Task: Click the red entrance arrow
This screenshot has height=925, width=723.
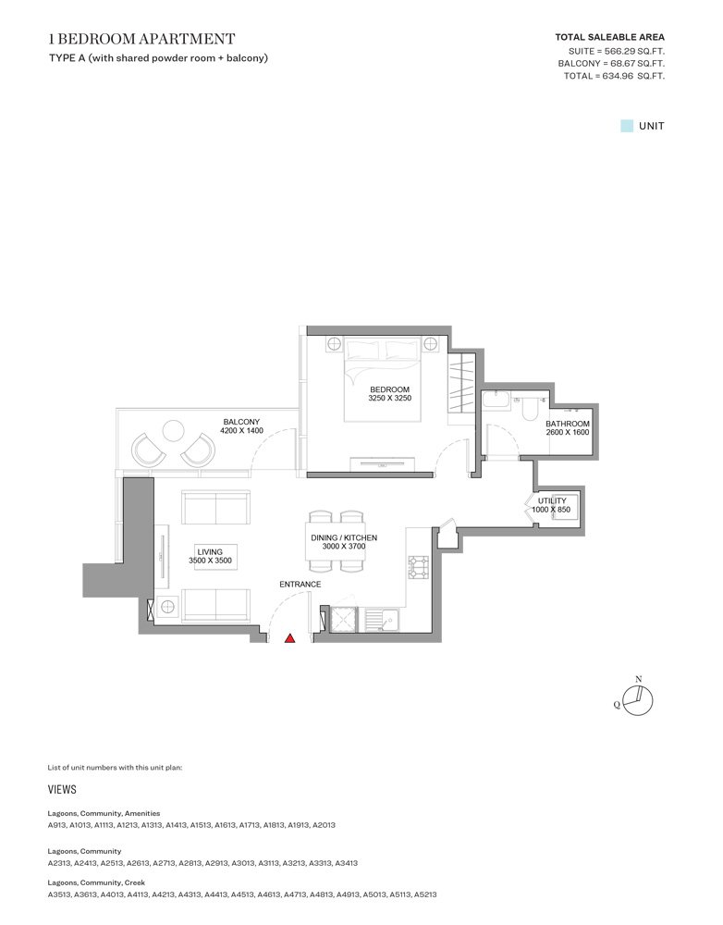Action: [x=289, y=637]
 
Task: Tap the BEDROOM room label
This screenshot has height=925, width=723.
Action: [x=389, y=389]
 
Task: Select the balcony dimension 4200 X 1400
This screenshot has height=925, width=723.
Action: [x=242, y=431]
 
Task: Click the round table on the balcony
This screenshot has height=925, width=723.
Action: [x=173, y=430]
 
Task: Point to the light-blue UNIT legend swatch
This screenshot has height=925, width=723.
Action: [x=626, y=126]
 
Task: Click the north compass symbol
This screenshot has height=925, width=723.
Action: [x=637, y=700]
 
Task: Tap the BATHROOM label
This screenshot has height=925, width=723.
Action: [x=567, y=425]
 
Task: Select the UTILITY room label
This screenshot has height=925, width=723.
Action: [x=552, y=500]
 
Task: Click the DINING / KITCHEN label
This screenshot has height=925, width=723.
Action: [x=342, y=537]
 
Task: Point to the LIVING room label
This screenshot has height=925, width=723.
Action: [x=210, y=551]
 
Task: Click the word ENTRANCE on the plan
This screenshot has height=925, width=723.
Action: [x=300, y=585]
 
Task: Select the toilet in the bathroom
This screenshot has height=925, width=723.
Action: [x=530, y=408]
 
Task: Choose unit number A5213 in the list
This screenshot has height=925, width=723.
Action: [x=425, y=894]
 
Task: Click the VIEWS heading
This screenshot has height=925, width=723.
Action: [x=62, y=790]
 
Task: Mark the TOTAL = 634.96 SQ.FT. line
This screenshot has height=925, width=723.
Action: [x=614, y=76]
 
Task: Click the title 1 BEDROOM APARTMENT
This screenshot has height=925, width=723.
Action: [x=141, y=39]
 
